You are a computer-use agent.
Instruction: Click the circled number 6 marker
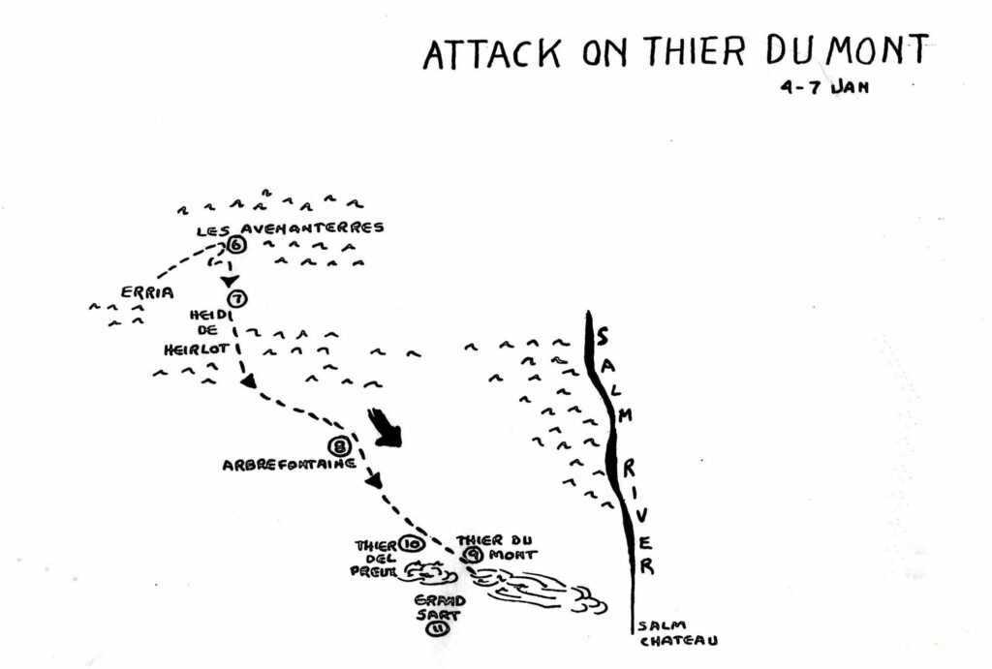(236, 245)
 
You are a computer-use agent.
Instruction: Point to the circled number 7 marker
(236, 298)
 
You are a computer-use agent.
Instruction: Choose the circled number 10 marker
(409, 545)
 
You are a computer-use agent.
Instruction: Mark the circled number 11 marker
(432, 628)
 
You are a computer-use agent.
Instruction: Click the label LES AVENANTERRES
(290, 228)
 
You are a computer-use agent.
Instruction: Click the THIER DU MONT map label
(495, 548)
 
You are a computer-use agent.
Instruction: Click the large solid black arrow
(385, 428)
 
